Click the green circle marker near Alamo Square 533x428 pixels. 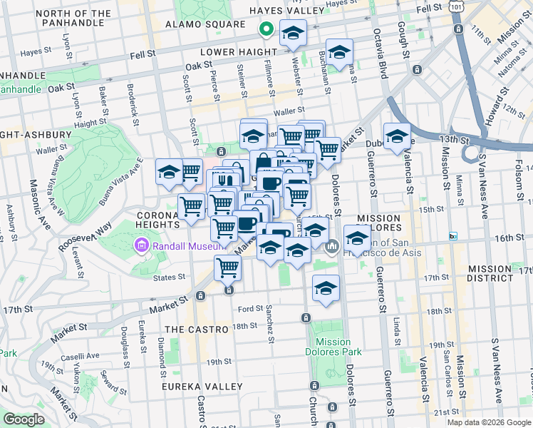pyautogui.click(x=266, y=30)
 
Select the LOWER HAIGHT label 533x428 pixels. pyautogui.click(x=238, y=52)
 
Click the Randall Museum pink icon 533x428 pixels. pyautogui.click(x=141, y=246)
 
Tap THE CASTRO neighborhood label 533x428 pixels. pyautogui.click(x=197, y=330)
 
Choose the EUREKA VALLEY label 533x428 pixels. pyautogui.click(x=196, y=386)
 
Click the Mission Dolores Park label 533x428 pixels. pyautogui.click(x=338, y=347)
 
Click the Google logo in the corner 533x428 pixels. pyautogui.click(x=24, y=419)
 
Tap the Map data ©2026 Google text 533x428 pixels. pyautogui.click(x=489, y=422)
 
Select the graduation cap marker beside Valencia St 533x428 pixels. pyautogui.click(x=397, y=136)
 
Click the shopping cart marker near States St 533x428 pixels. pyautogui.click(x=227, y=269)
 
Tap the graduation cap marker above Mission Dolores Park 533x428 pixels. pyautogui.click(x=326, y=289)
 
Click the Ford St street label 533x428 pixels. pyautogui.click(x=250, y=309)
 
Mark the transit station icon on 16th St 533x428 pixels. pyautogui.click(x=452, y=236)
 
